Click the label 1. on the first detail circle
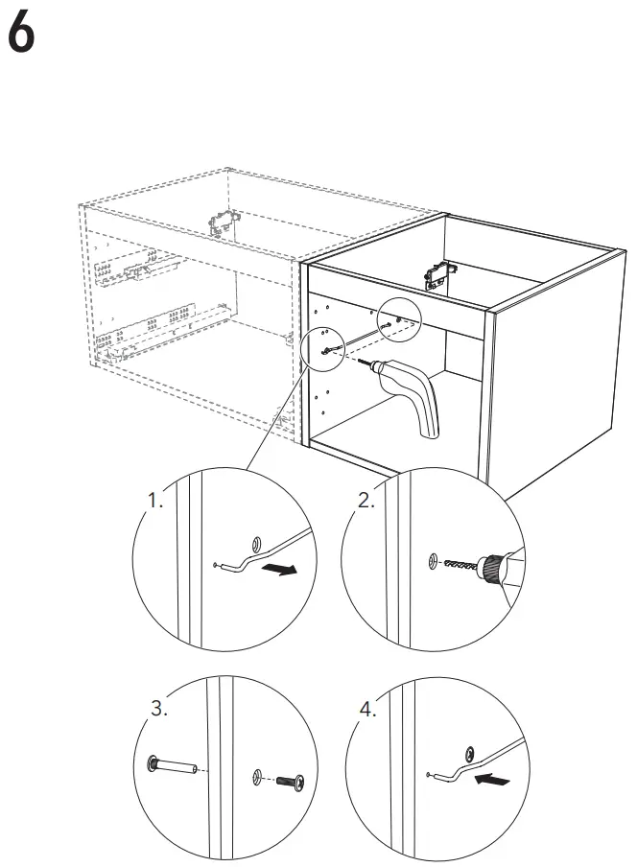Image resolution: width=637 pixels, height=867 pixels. click(x=154, y=501)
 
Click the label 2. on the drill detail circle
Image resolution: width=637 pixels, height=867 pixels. click(x=366, y=500)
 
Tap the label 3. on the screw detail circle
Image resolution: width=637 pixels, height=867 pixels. click(x=160, y=710)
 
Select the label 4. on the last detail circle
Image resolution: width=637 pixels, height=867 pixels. click(x=367, y=710)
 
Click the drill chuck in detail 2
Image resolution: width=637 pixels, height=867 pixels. click(x=493, y=566)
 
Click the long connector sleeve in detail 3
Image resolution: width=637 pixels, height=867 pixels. click(x=173, y=766)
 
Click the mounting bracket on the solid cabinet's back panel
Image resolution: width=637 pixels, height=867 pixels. click(x=436, y=277)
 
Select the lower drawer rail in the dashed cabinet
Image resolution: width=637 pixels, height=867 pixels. click(x=163, y=327)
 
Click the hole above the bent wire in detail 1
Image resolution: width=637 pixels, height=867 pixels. click(x=255, y=542)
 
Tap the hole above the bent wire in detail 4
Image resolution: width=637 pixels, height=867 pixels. click(x=470, y=751)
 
